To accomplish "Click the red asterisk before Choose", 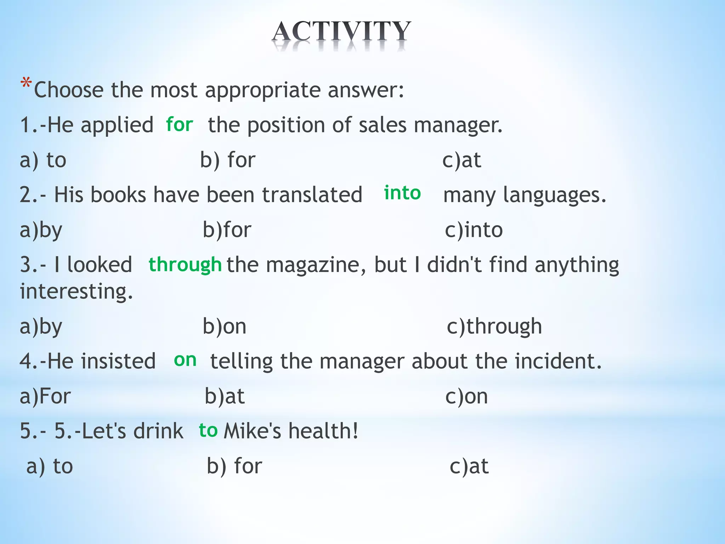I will point(26,84).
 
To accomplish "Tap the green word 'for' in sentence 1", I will point(179,125).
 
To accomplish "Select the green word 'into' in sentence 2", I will point(403,193).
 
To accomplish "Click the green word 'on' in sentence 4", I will point(185,360).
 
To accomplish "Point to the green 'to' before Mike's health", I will point(208,430).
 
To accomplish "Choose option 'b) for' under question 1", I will point(228,160).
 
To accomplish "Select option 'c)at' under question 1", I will point(462,160).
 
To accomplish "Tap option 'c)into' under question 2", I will point(474,230).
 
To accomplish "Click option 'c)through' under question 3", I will point(494,326).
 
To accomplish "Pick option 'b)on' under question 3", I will point(224,326).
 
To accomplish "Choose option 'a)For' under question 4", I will point(45,396).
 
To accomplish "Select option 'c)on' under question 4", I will point(467,396).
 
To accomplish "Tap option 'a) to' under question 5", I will point(50,466).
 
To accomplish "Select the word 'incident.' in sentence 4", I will point(558,361).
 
